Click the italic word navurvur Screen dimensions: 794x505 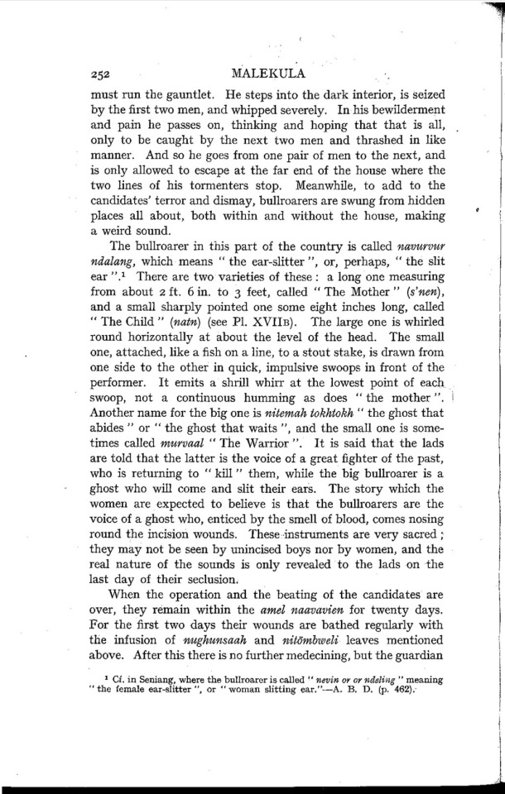click(422, 246)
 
